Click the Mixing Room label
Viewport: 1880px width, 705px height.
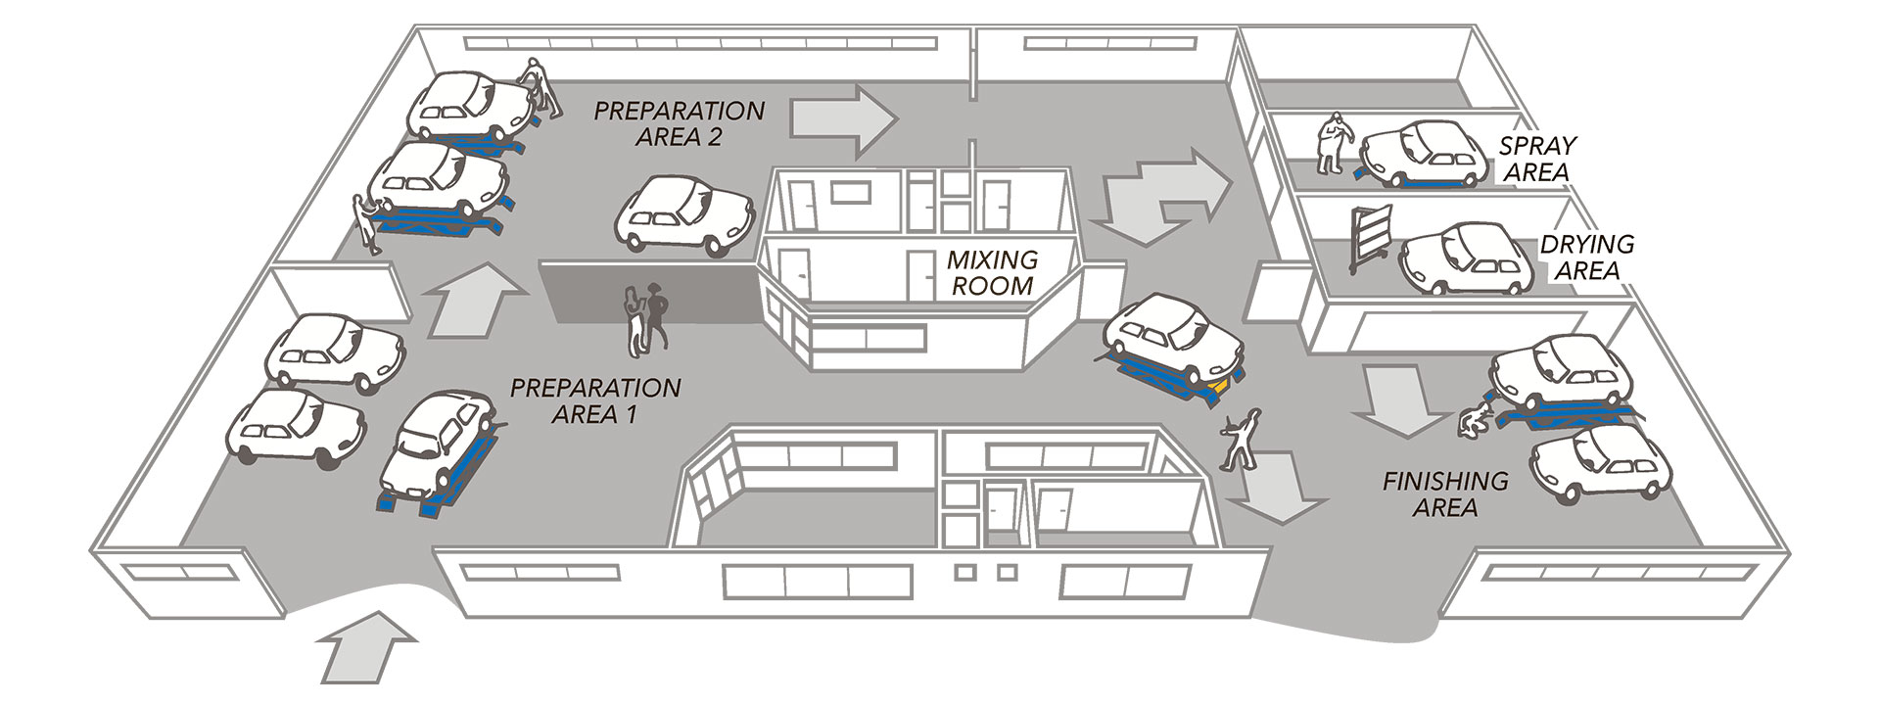991,273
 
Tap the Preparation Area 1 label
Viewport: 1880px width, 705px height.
595,399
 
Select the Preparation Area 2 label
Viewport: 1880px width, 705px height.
679,123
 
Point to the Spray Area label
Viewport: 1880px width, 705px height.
1536,159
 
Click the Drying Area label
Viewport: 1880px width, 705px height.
1574,257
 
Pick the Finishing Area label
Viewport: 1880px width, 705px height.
1444,493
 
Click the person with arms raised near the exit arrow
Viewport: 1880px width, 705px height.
1241,440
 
